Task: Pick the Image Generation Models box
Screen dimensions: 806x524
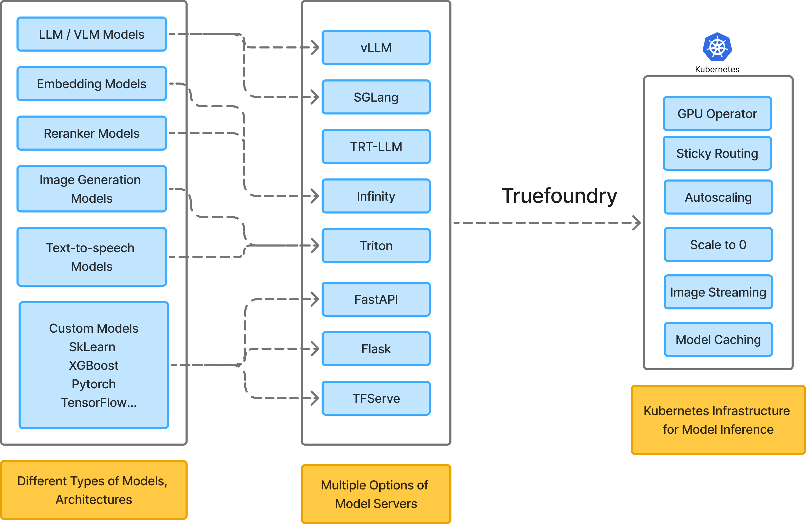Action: [x=91, y=189]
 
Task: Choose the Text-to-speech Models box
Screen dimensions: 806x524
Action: [x=91, y=257]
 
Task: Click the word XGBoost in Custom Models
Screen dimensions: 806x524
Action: [x=94, y=365]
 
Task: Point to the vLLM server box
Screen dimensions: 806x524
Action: [x=376, y=47]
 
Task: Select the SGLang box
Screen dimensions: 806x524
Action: [x=376, y=97]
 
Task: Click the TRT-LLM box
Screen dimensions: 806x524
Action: [x=376, y=146]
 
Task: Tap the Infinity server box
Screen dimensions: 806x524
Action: [x=376, y=196]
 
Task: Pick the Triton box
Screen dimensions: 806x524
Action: [x=376, y=245]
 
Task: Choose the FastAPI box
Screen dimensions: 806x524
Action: [x=376, y=299]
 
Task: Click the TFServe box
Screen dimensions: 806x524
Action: [x=376, y=398]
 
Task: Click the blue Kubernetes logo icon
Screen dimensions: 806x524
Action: [x=717, y=47]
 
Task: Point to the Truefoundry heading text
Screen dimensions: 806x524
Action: [x=559, y=196]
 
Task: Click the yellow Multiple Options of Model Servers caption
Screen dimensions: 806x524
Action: [x=376, y=494]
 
